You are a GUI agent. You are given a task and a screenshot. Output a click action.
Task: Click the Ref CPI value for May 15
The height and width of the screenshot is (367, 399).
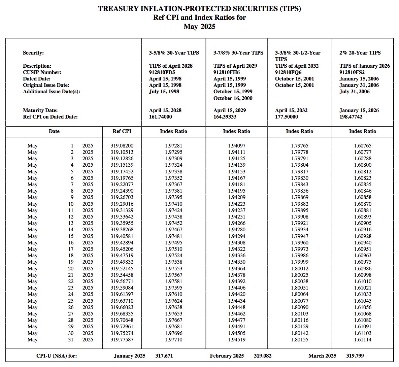[122, 236]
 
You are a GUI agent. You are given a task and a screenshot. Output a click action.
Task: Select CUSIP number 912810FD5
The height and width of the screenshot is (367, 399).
[162, 72]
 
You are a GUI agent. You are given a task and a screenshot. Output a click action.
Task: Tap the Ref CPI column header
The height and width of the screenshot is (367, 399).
[122, 131]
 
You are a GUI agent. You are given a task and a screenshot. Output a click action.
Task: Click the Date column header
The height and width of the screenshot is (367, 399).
[54, 131]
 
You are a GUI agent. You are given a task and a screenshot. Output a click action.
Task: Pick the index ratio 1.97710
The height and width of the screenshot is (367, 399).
[173, 339]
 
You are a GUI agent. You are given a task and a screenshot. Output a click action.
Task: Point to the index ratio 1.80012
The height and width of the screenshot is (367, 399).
[299, 268]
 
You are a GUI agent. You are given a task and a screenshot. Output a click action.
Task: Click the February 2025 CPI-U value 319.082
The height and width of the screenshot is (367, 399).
[263, 356]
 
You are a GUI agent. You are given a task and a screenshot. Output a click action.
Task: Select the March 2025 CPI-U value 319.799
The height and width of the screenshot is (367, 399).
[355, 356]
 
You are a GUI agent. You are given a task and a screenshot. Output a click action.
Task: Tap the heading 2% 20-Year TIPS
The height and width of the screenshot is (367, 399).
[360, 53]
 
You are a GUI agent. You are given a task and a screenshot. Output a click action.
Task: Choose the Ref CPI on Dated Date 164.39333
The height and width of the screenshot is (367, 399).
[225, 117]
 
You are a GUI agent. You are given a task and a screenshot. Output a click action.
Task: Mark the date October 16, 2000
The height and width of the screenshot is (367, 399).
[233, 98]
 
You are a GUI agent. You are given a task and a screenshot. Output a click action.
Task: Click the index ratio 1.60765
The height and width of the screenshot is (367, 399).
[362, 146]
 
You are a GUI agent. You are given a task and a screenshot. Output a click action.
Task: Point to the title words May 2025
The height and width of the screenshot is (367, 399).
[199, 27]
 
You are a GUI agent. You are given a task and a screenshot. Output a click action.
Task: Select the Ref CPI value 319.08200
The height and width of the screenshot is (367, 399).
[122, 146]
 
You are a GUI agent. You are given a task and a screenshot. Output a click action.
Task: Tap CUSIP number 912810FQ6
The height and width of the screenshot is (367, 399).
[288, 72]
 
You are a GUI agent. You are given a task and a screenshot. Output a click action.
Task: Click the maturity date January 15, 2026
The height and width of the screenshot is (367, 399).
[359, 110]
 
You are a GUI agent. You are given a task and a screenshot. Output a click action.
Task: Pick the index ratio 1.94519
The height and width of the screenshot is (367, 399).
[236, 339]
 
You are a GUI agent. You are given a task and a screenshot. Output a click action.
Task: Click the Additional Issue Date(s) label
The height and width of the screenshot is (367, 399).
[52, 92]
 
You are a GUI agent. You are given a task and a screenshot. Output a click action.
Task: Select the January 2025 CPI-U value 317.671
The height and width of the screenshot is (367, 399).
[164, 356]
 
